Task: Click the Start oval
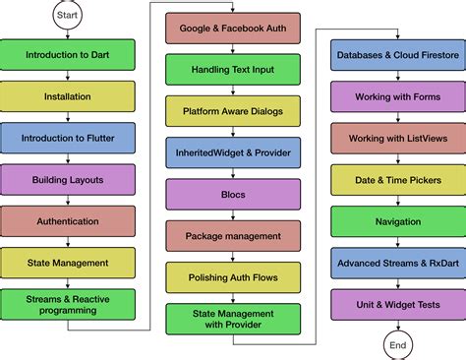pos(68,17)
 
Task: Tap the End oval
pos(396,345)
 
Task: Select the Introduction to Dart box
pos(68,55)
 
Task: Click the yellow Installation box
pos(68,96)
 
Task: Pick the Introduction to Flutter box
pos(68,138)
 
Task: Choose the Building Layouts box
pos(68,180)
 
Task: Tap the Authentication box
pos(68,221)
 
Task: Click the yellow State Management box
pos(68,263)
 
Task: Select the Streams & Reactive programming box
pos(68,303)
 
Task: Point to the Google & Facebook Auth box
pos(232,29)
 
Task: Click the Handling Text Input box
pos(232,70)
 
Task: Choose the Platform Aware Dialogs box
pos(232,111)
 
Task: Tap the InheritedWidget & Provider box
pos(232,152)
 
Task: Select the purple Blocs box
pos(232,194)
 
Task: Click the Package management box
pos(232,236)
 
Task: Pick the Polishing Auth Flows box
pos(232,277)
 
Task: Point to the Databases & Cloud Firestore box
pos(396,56)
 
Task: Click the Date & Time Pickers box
pos(396,180)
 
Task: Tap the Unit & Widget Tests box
pos(396,304)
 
